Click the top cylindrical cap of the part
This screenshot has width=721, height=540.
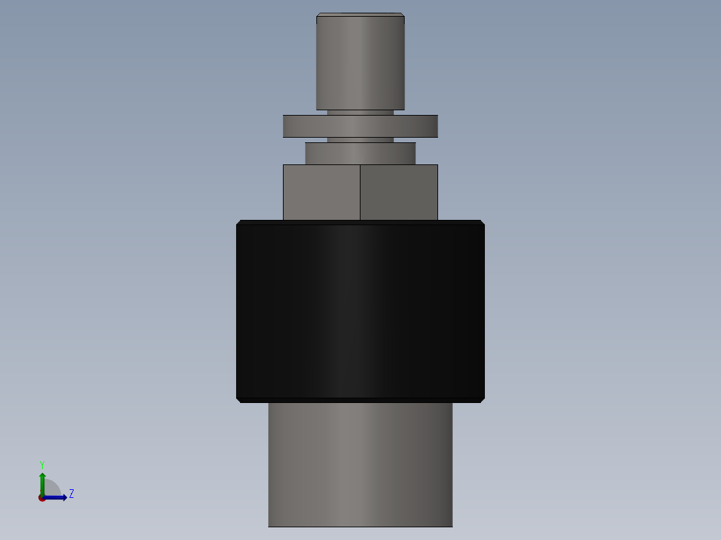(x=360, y=63)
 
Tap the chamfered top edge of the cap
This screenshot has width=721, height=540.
(x=360, y=15)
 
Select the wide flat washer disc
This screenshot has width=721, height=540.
(x=360, y=126)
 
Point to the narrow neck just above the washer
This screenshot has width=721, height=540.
(x=360, y=112)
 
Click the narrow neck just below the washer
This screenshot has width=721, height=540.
(x=360, y=140)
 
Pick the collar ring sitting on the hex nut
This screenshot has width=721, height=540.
(x=360, y=153)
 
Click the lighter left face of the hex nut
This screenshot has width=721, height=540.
(x=321, y=192)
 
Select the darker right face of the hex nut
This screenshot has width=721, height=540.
(x=399, y=192)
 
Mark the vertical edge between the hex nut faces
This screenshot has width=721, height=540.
(x=360, y=192)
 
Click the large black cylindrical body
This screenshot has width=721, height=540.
(x=360, y=311)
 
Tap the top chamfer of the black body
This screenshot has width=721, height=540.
(x=360, y=222)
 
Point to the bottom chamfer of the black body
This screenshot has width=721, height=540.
(x=360, y=400)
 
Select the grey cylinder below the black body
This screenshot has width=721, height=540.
(x=360, y=464)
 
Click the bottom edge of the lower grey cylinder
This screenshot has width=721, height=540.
(x=360, y=526)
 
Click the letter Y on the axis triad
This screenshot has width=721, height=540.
(x=42, y=464)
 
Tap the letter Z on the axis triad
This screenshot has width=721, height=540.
(x=72, y=494)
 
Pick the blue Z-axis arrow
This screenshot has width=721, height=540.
(x=57, y=497)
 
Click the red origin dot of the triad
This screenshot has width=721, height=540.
(x=41, y=498)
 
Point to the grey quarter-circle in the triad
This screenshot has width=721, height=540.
(x=51, y=489)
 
